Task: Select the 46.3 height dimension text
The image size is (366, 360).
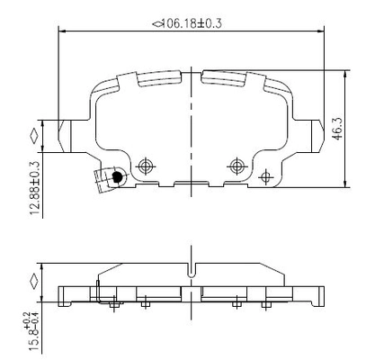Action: (337, 129)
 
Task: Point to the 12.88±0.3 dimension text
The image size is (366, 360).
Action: (35, 188)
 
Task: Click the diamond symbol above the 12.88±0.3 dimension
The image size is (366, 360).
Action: (33, 137)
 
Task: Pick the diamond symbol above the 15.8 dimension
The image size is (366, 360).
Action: (33, 281)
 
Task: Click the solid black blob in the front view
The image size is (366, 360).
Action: (116, 176)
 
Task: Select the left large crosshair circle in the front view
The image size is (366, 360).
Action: (146, 166)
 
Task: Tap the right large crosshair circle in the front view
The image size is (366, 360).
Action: (237, 166)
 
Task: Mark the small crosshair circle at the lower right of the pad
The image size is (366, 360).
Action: (265, 177)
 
